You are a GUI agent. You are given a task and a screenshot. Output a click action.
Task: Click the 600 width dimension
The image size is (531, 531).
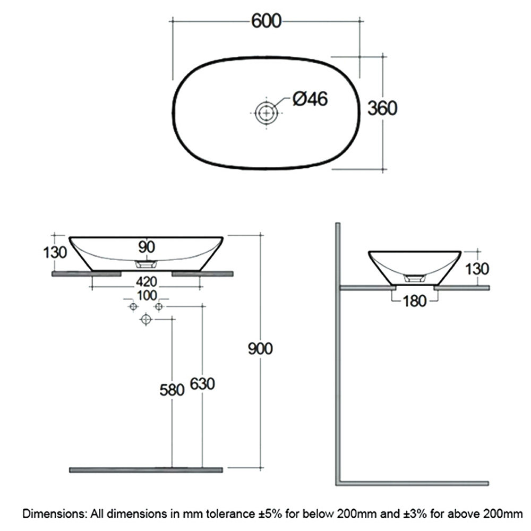tap(266, 21)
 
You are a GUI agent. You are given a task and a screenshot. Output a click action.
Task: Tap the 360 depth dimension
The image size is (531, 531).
tap(382, 108)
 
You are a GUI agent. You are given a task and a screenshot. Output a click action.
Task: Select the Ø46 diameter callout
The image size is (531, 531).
tap(310, 99)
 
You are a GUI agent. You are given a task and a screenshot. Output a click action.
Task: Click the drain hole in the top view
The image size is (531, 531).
tap(267, 113)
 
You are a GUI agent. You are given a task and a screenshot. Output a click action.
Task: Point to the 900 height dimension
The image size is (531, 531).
tap(260, 349)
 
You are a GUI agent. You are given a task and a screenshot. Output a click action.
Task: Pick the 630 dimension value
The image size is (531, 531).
tap(202, 384)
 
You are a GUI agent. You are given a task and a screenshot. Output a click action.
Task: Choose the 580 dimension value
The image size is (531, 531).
tap(172, 390)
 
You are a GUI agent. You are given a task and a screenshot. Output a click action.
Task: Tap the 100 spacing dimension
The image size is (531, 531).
tap(147, 296)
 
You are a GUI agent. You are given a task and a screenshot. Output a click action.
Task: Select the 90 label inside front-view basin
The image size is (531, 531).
tap(147, 247)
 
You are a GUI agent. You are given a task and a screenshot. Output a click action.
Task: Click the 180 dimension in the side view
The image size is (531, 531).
tap(415, 301)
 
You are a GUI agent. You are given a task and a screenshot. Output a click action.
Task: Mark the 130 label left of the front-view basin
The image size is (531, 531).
tap(55, 253)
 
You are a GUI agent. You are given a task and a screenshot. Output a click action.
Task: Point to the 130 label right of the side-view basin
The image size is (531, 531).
tap(477, 269)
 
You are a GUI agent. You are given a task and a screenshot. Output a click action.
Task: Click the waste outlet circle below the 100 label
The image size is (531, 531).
tap(146, 319)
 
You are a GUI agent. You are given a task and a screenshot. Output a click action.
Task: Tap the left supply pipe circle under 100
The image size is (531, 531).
tap(133, 307)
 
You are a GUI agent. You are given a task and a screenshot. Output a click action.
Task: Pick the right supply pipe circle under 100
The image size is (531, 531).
tap(159, 307)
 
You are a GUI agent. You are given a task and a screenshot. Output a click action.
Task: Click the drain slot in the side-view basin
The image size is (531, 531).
tap(415, 278)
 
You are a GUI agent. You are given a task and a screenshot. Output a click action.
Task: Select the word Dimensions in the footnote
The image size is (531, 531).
tap(54, 513)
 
